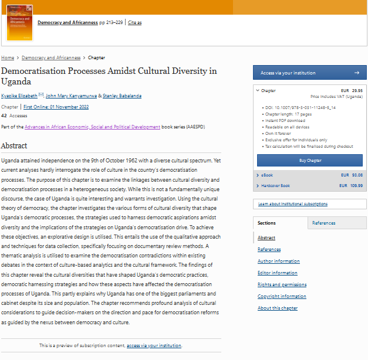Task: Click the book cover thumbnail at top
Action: coord(19,23)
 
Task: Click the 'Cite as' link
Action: coord(134,23)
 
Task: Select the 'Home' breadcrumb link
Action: coord(8,58)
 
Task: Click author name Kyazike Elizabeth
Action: coord(19,96)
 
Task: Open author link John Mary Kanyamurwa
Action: coord(71,96)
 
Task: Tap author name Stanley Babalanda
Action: coord(122,96)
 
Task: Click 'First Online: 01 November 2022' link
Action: coord(56,107)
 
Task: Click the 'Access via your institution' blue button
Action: coord(309,73)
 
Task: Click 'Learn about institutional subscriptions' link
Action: coord(293,204)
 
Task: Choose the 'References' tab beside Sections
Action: coord(323,223)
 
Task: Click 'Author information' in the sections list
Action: coord(278,261)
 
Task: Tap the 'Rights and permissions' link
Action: coord(282,284)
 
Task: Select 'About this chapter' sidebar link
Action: coord(277,308)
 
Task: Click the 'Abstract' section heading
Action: coord(14,145)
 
